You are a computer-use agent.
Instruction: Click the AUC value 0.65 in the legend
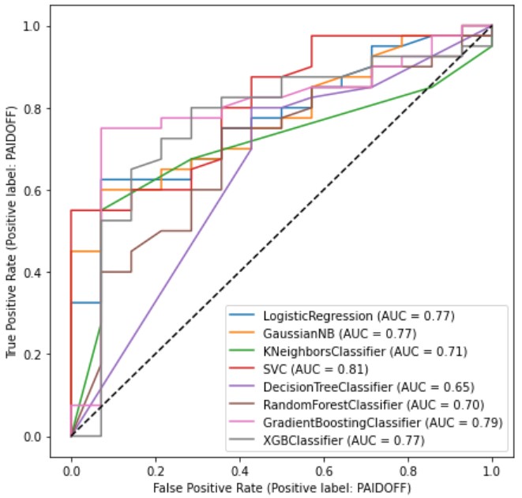tap(456, 387)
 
